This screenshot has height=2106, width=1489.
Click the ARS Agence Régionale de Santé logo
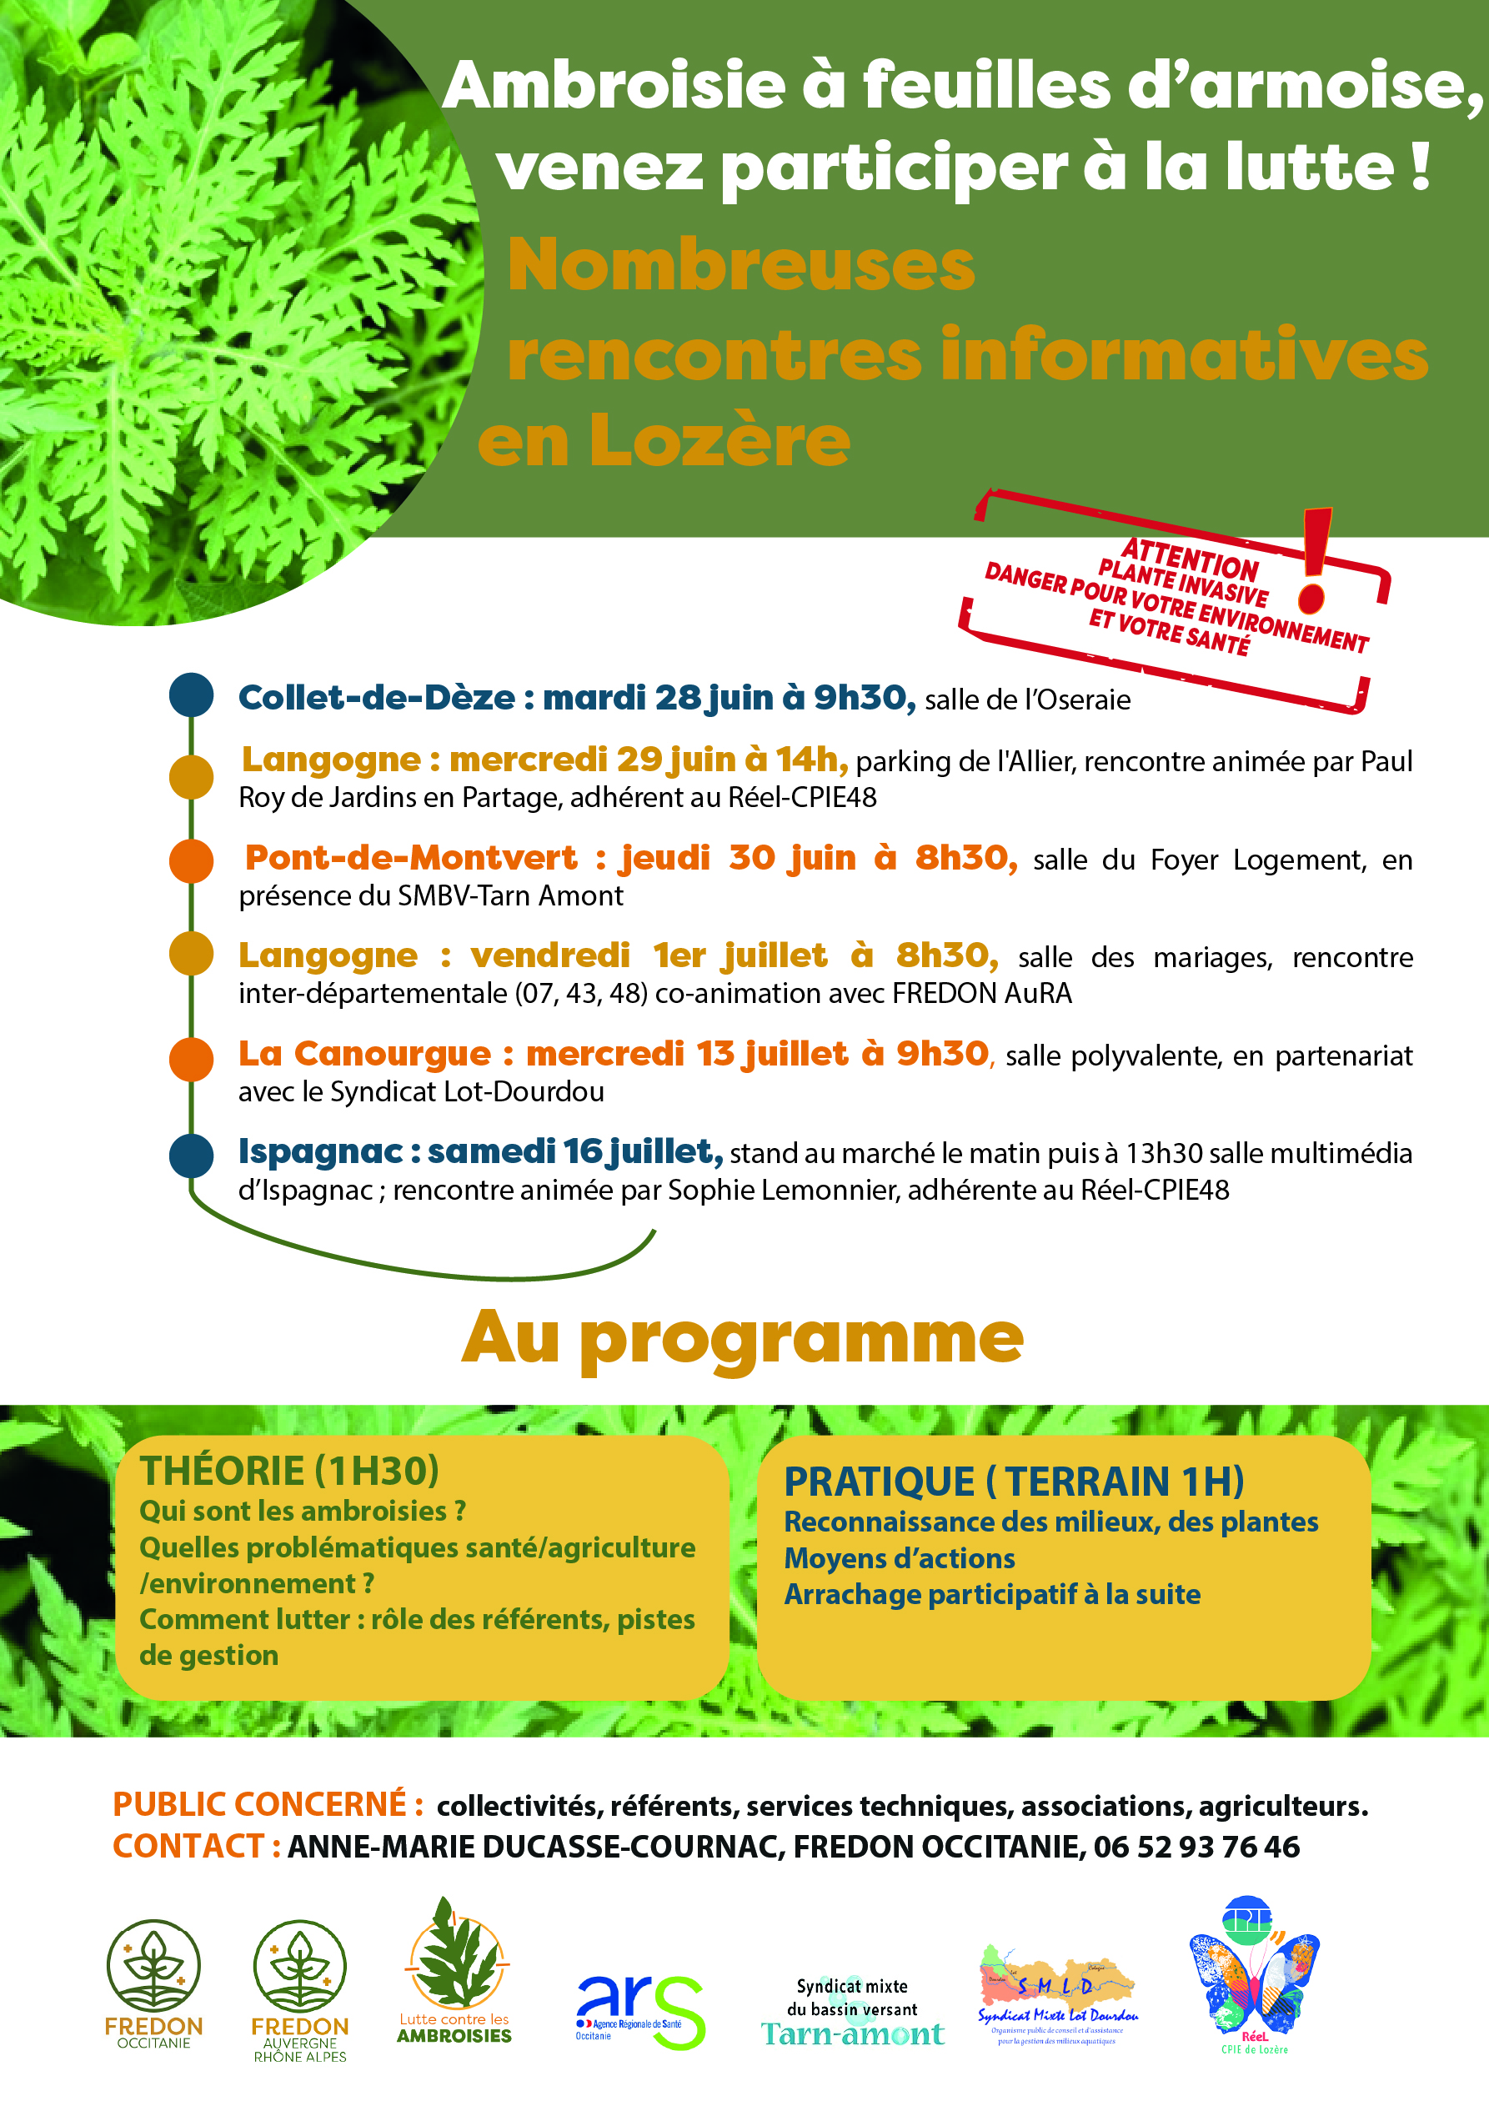639,2011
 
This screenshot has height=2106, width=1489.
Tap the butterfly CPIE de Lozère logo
1253,1977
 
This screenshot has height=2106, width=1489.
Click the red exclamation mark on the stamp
1315,559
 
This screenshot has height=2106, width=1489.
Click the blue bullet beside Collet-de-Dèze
192,694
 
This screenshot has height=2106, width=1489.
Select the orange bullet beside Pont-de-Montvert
192,860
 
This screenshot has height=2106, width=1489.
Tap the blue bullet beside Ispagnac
192,1154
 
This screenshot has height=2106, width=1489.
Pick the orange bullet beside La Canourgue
192,1059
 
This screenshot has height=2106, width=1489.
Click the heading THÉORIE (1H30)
289,1471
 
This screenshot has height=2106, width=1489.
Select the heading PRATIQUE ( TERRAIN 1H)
1014,1482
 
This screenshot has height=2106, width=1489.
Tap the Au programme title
742,1338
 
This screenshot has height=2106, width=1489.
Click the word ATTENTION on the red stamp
1189,559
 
